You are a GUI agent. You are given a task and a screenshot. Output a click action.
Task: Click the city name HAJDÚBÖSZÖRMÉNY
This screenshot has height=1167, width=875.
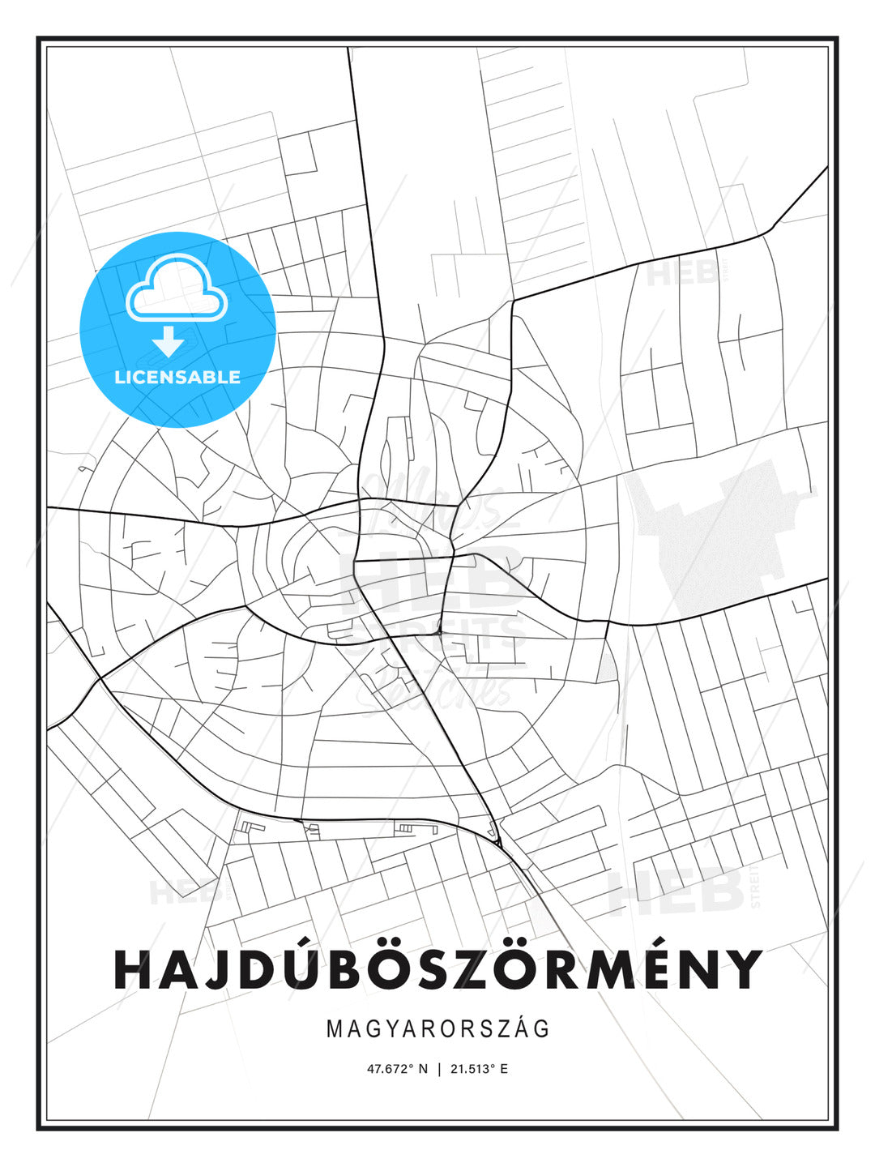(437, 969)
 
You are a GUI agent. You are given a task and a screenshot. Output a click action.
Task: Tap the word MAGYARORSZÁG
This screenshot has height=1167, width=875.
(438, 1029)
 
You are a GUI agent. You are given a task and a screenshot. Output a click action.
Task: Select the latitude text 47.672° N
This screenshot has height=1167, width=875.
(397, 1069)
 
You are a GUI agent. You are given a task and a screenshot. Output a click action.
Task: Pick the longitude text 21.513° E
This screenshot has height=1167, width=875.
(479, 1069)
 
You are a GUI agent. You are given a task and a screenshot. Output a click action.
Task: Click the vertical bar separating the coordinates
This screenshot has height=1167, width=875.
(438, 1069)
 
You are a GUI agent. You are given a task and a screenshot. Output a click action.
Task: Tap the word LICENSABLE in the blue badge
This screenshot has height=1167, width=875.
(177, 377)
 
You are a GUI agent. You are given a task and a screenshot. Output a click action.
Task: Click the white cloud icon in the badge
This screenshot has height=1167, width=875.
(177, 288)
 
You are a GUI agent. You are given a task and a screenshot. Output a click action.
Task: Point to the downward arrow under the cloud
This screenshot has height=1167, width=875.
(169, 341)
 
